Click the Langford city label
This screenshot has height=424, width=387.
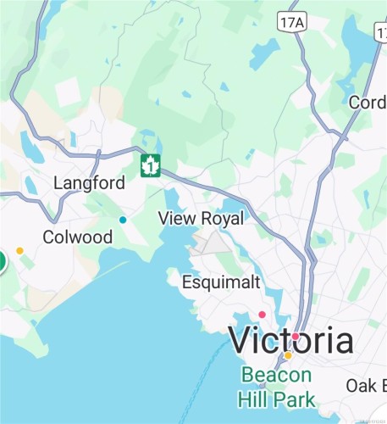(x=89, y=183)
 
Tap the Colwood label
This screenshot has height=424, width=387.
(x=78, y=237)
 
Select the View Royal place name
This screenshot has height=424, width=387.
(x=201, y=218)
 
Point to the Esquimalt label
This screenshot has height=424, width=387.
(x=221, y=282)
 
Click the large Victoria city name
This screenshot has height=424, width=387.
(x=291, y=341)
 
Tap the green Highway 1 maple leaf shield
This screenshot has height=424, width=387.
(x=151, y=165)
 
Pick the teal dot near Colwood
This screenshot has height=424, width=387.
(x=123, y=220)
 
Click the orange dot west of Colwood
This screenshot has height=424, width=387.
(x=19, y=251)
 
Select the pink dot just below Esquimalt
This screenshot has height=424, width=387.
(x=262, y=315)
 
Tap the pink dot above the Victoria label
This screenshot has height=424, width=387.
(x=296, y=337)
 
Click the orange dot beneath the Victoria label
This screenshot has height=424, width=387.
(x=288, y=355)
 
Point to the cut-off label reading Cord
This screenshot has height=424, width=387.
(x=368, y=102)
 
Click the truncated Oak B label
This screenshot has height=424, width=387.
(x=367, y=386)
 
